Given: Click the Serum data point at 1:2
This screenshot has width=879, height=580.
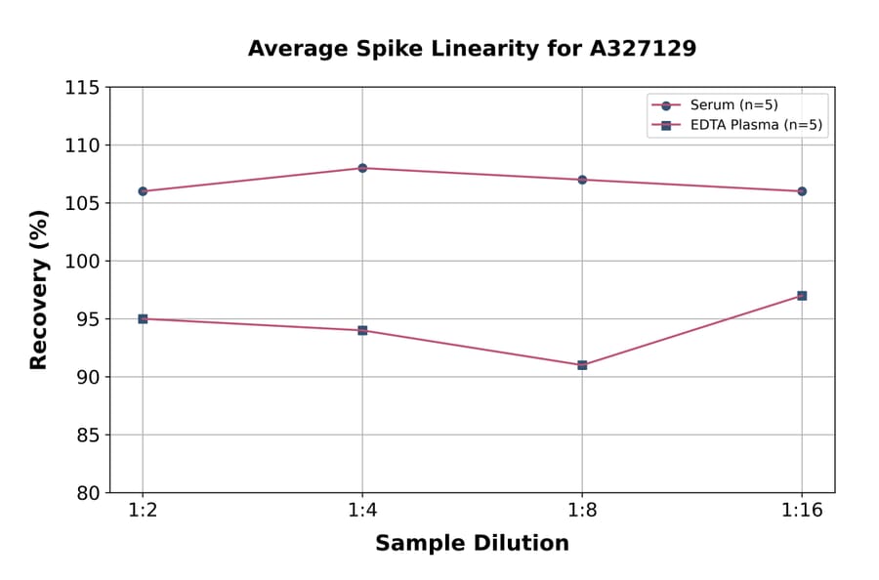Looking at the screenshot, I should point(143,191).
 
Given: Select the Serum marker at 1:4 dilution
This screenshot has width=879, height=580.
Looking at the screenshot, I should point(362,168).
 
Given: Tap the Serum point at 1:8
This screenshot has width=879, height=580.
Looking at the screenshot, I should point(582,180).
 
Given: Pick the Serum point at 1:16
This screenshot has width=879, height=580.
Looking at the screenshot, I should point(802,191).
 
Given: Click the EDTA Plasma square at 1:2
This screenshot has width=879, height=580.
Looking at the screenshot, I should point(143,318).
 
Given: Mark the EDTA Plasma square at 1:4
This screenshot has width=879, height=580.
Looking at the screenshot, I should point(362,330).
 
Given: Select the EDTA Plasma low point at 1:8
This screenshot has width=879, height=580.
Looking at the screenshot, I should point(582,365).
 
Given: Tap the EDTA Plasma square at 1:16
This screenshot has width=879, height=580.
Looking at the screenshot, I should point(802,295).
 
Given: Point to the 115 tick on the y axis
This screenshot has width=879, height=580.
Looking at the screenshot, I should point(82,88).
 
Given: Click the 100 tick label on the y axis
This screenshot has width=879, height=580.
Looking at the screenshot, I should point(82,262).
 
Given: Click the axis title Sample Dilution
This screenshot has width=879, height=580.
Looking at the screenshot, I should point(472,544).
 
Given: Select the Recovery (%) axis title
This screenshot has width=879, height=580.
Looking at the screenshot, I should point(39,290).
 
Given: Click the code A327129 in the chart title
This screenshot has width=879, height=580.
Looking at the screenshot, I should point(641,49).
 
